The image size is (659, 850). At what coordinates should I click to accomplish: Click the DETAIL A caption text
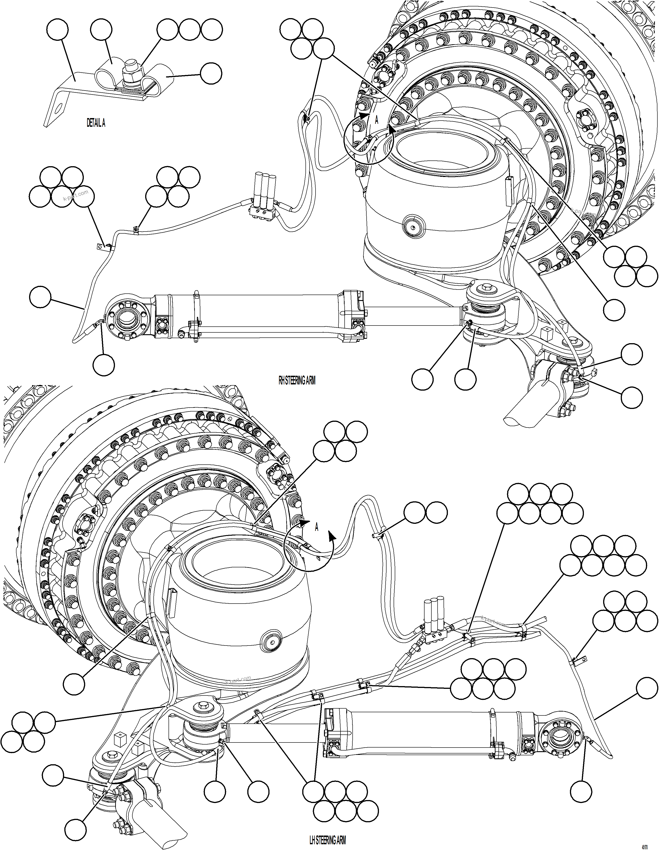tap(96, 123)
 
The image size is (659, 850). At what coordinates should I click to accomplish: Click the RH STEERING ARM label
tap(297, 381)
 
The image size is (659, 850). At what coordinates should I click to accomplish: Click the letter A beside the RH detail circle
tap(376, 120)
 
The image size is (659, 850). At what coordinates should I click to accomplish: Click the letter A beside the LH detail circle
tap(316, 528)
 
